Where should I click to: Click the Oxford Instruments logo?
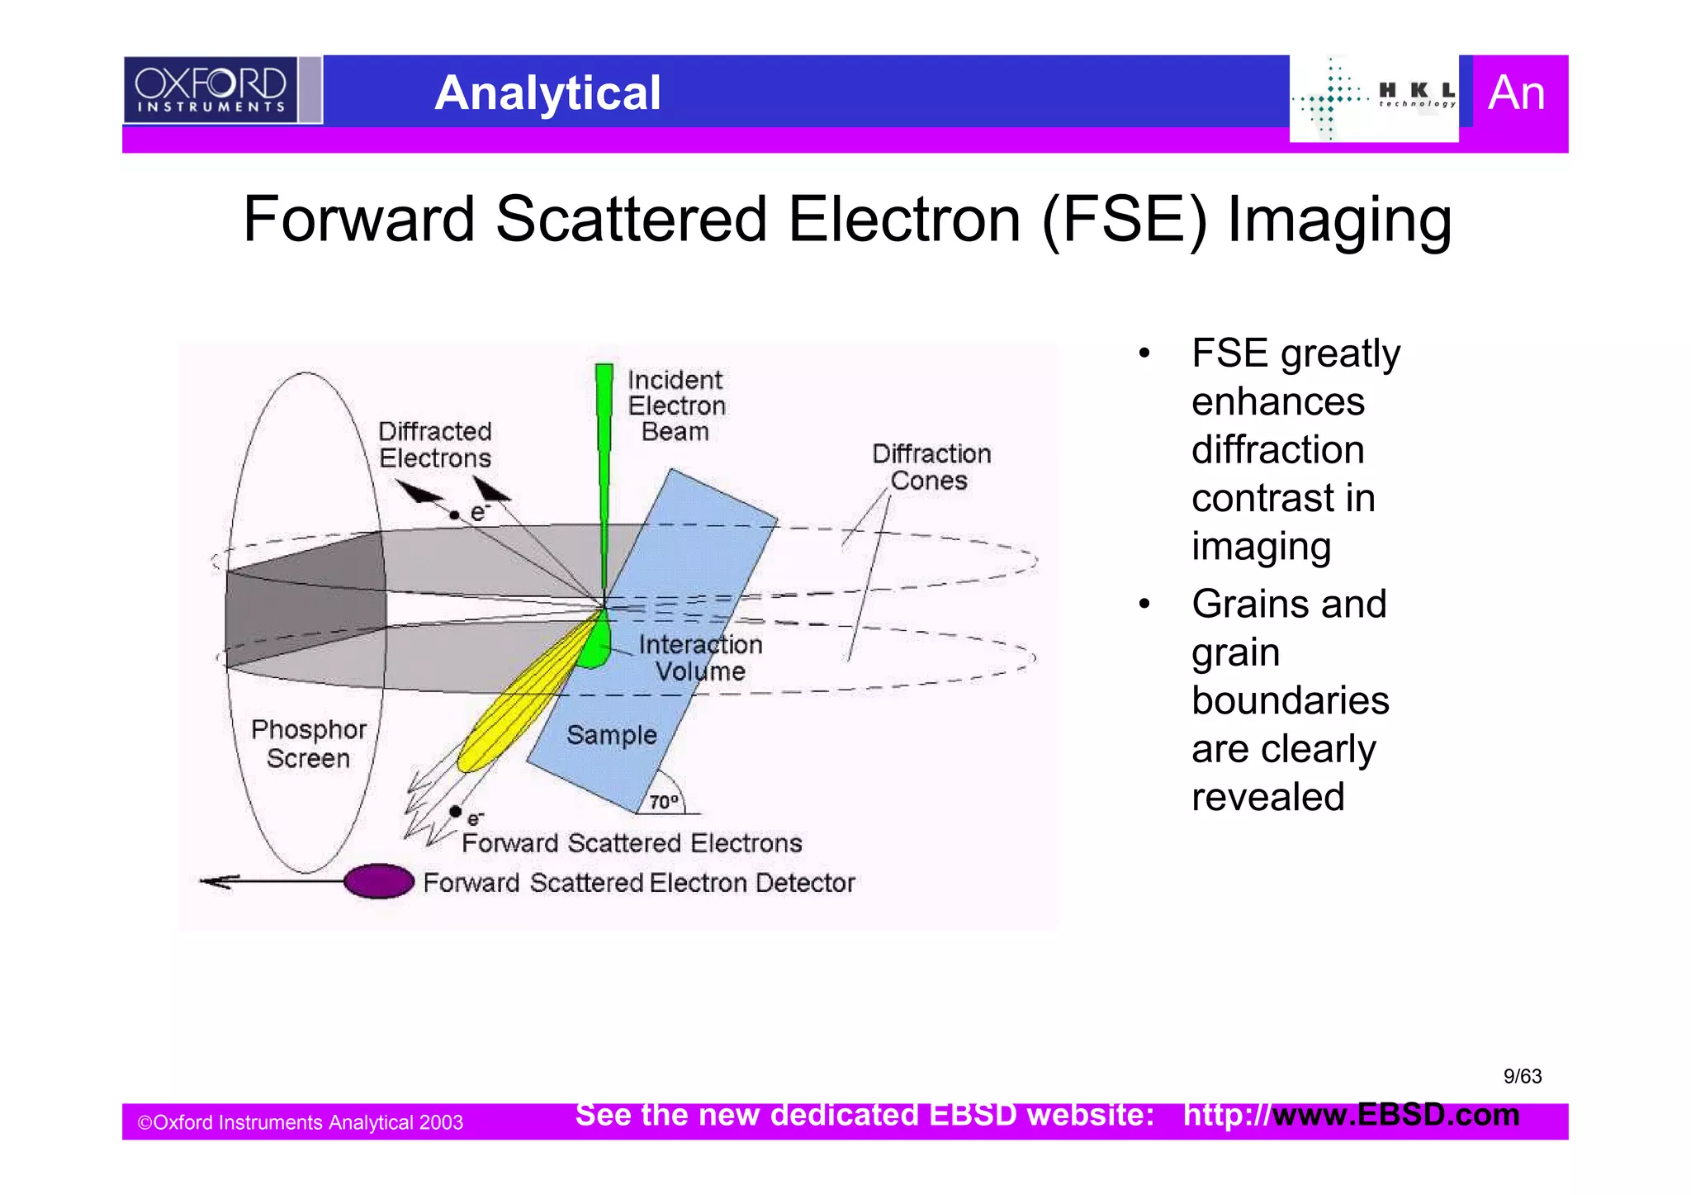(x=210, y=90)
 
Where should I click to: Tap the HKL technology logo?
(x=1374, y=98)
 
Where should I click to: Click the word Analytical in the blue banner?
(x=547, y=92)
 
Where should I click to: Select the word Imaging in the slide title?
(x=1338, y=221)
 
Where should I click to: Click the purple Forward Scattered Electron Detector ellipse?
(x=379, y=881)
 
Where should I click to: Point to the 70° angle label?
(x=663, y=802)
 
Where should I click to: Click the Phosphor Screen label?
(x=308, y=743)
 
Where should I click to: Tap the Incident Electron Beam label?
(x=675, y=405)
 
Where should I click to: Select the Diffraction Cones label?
(x=931, y=467)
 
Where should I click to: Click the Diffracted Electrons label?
(x=434, y=444)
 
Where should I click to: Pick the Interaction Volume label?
(x=700, y=657)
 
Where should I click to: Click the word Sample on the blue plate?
(x=611, y=734)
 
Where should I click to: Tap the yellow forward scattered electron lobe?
(x=520, y=702)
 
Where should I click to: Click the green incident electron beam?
(x=604, y=462)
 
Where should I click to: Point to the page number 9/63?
(x=1522, y=1076)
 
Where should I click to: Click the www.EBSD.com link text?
(x=1395, y=1115)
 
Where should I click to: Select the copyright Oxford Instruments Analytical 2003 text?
(x=300, y=1122)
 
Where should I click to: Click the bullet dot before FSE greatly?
(x=1144, y=354)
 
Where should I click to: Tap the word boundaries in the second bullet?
(x=1290, y=700)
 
